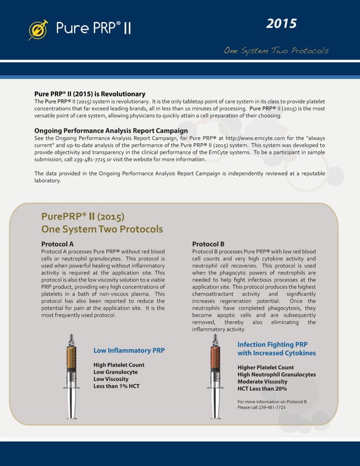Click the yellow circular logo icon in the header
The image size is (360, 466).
(x=38, y=29)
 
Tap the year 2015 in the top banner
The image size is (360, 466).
(x=281, y=24)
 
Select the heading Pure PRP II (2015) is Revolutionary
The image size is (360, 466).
(x=90, y=94)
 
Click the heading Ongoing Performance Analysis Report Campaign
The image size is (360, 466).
(x=111, y=131)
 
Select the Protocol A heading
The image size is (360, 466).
(x=58, y=244)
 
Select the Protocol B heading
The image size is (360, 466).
(x=208, y=244)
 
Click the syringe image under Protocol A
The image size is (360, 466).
(x=72, y=375)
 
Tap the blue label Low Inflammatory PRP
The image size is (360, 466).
(x=129, y=350)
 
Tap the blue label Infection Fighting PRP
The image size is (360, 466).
(x=273, y=344)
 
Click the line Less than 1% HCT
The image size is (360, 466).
(x=116, y=386)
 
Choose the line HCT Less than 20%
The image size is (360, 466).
(x=262, y=389)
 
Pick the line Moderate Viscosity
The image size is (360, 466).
(x=262, y=381)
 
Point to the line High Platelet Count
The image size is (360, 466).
(x=118, y=365)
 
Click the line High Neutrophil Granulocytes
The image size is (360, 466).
(x=276, y=375)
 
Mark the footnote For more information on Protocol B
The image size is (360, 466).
(x=271, y=401)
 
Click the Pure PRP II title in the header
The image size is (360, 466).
(x=93, y=28)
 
